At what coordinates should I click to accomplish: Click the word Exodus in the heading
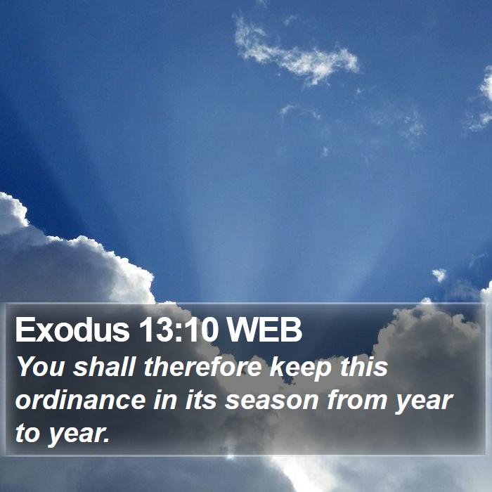click(x=72, y=330)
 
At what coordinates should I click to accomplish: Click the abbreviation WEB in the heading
click(x=264, y=330)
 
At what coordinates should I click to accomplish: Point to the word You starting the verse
click(x=41, y=366)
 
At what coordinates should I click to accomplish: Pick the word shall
click(x=104, y=366)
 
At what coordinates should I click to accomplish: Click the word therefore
click(x=202, y=366)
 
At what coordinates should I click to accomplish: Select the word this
click(x=364, y=366)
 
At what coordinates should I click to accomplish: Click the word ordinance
click(x=81, y=399)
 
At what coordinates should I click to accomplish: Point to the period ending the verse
click(x=106, y=440)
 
